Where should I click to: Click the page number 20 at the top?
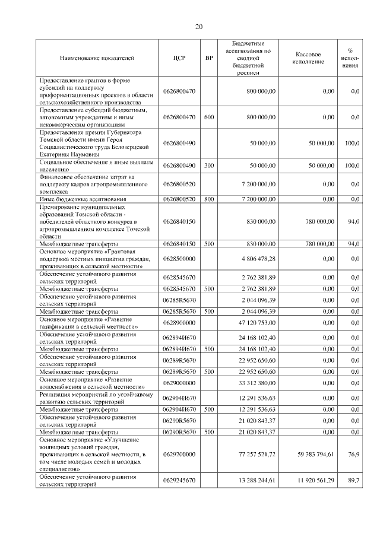click(x=199, y=26)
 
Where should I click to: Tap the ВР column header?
click(x=208, y=58)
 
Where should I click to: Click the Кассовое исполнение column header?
click(x=308, y=58)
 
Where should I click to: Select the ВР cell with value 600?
click(x=208, y=117)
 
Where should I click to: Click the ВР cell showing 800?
click(x=208, y=199)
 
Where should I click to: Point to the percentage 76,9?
click(x=353, y=453)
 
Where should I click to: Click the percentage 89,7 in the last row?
click(x=353, y=480)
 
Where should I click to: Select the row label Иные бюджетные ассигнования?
click(x=83, y=199)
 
